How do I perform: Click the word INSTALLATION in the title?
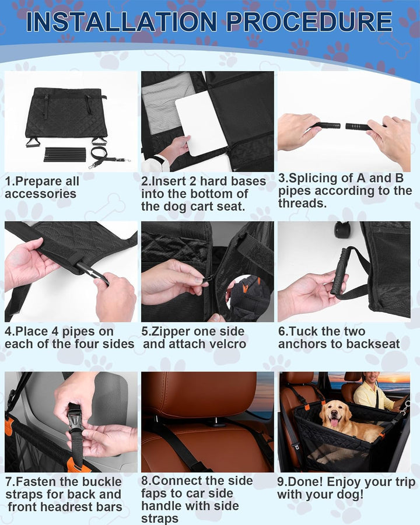[121, 22]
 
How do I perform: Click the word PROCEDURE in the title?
[309, 22]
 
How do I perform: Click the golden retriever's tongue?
[334, 423]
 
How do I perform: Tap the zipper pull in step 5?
[203, 279]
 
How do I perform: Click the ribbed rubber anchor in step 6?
[339, 271]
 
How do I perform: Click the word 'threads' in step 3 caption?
[302, 203]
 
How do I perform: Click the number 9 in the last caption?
[281, 482]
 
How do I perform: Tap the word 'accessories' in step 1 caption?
[40, 194]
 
